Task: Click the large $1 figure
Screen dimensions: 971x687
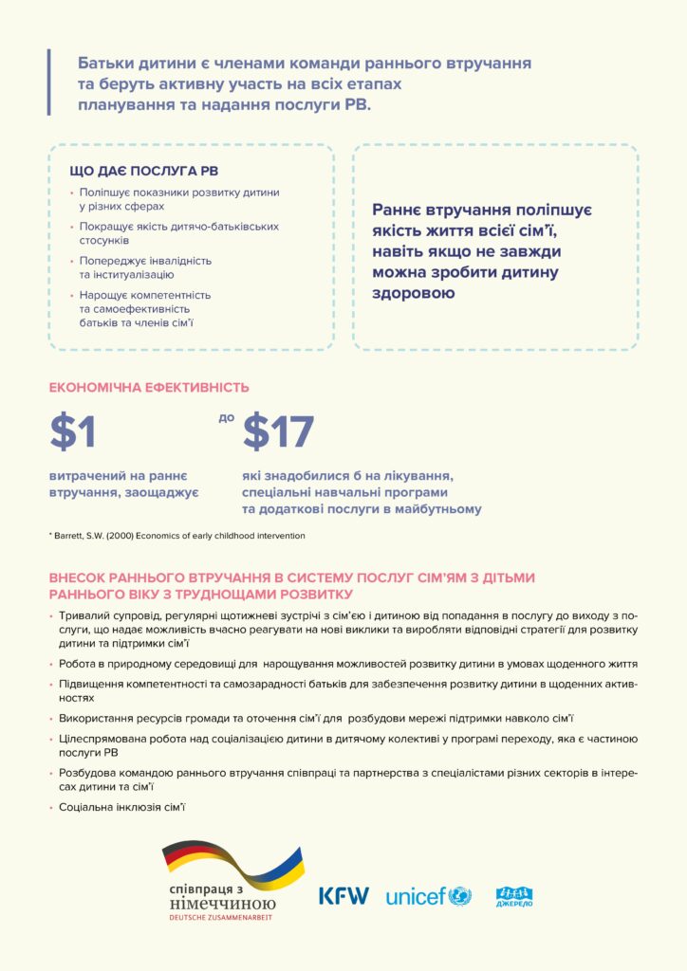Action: pos(73,432)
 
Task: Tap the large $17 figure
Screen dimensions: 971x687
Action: pos(278,432)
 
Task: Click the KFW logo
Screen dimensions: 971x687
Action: pos(343,895)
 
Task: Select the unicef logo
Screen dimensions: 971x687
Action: pos(428,895)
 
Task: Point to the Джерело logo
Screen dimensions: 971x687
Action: pos(513,895)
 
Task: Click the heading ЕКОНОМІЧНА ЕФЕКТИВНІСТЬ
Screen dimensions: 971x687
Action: pos(149,387)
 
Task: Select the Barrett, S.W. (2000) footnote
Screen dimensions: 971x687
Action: pos(177,536)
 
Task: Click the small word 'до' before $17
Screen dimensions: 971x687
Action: pos(226,417)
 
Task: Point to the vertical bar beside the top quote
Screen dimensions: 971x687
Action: pos(48,82)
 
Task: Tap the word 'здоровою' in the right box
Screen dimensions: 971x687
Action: pos(413,293)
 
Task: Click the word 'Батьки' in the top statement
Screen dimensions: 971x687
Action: pos(108,64)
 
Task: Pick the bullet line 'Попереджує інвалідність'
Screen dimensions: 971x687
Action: pos(145,260)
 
